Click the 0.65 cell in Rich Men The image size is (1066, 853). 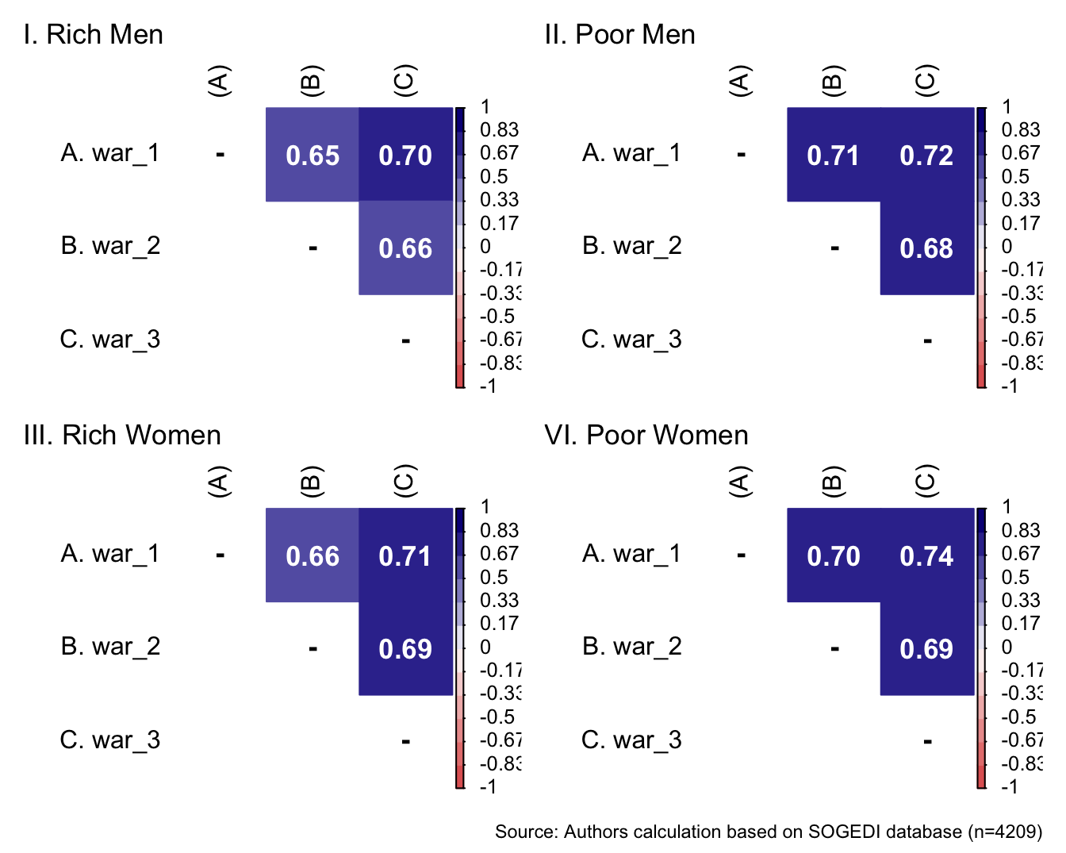click(313, 155)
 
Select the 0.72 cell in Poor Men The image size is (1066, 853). click(926, 155)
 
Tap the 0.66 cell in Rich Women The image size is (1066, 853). click(313, 555)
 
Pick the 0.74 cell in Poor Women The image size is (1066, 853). click(926, 555)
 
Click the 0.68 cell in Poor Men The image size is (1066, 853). click(926, 248)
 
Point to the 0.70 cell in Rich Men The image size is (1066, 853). click(405, 155)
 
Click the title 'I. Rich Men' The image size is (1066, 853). click(94, 35)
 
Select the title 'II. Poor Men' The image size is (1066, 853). click(619, 35)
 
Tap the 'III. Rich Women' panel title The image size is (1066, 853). click(122, 436)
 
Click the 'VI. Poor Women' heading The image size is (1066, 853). click(646, 436)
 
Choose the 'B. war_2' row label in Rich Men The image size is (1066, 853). click(110, 246)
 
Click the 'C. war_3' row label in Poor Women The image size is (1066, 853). click(631, 740)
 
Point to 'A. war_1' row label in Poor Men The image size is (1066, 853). click(631, 152)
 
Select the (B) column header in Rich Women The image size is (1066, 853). click(312, 481)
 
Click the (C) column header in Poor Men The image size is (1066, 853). click(926, 80)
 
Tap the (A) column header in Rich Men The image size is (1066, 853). click(219, 81)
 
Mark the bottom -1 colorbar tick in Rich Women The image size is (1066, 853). click(488, 786)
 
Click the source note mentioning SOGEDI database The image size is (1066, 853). click(768, 832)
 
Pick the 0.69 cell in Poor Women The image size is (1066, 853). click(926, 649)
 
